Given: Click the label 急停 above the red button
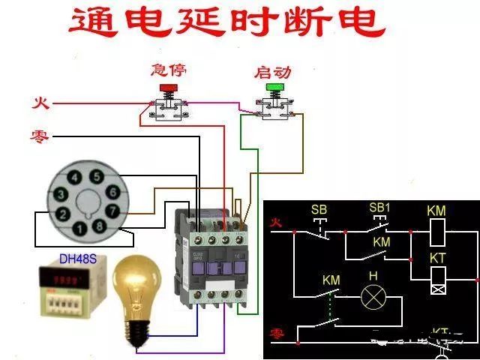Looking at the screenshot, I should (169, 70).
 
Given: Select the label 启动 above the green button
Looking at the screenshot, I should (273, 72).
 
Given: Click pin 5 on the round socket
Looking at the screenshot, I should (96, 177).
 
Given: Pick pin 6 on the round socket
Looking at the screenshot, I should (112, 191).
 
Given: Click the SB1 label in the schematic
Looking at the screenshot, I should (380, 207).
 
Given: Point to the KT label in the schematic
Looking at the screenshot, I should (437, 257).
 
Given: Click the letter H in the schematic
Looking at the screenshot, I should (373, 275).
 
